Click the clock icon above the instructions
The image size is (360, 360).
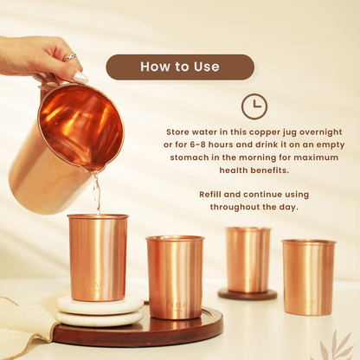[x=254, y=106]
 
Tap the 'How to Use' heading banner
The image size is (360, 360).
[x=180, y=67]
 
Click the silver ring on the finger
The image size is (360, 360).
[x=70, y=57]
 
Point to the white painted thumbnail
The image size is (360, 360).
[x=80, y=77]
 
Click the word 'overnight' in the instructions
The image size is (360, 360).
[x=320, y=132]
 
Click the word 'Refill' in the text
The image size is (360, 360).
[x=210, y=195]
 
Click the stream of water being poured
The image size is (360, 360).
[x=97, y=193]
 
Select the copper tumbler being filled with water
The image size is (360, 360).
[x=98, y=258]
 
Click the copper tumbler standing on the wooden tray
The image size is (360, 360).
[x=175, y=277]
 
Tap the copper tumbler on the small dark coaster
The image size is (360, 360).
[x=248, y=260]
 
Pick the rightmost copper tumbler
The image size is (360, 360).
[x=308, y=277]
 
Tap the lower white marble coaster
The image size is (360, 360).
[x=100, y=318]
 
